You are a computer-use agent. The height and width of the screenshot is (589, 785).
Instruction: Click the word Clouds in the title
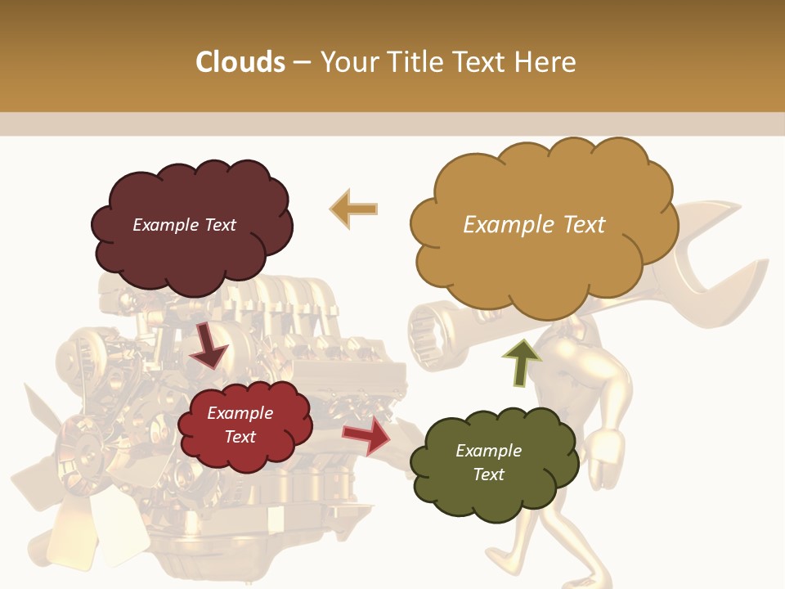[240, 62]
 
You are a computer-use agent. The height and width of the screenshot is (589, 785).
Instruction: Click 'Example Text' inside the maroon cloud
[184, 225]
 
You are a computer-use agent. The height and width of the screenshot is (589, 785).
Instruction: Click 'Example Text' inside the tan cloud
[534, 225]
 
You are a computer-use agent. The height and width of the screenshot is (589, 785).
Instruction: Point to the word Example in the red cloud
[240, 413]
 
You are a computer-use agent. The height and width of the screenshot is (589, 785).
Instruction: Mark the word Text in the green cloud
[488, 474]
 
